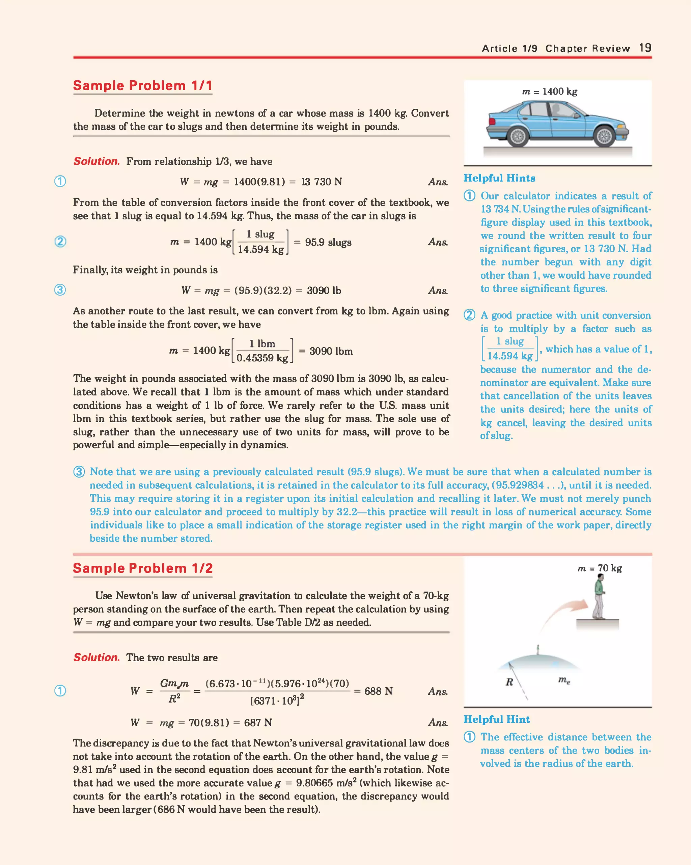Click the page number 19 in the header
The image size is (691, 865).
(645, 48)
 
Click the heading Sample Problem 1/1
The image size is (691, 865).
(142, 85)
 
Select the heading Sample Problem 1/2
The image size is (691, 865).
(142, 568)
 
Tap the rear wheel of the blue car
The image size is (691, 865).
(518, 137)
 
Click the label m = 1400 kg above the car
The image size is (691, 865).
(550, 92)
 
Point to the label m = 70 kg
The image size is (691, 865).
(600, 568)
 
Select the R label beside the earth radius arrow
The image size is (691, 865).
(509, 682)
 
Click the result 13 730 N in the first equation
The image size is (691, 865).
(322, 182)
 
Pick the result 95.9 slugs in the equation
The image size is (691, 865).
(328, 242)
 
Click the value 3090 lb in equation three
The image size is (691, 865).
(324, 290)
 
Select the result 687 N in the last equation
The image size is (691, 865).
(258, 722)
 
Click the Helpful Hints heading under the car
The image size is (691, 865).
(499, 178)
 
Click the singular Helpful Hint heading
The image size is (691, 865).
(496, 719)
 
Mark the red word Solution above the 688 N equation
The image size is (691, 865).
(96, 657)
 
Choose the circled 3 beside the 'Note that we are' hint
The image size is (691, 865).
(79, 472)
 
